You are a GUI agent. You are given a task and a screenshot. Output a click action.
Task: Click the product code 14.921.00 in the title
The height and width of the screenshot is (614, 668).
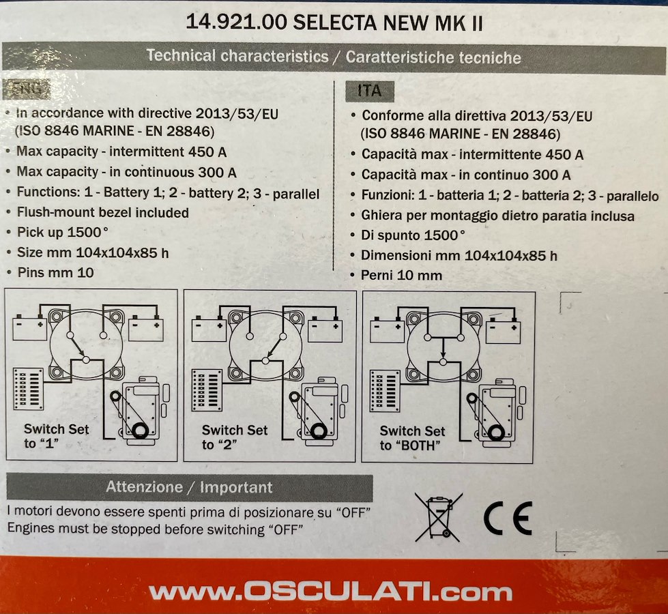pos(237,22)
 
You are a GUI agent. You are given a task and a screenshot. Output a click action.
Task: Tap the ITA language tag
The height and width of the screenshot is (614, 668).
pos(369,91)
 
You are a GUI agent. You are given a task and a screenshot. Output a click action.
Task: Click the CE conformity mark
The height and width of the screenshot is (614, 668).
pos(508,518)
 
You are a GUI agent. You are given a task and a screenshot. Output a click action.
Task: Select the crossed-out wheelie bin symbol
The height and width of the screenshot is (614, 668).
pos(438,517)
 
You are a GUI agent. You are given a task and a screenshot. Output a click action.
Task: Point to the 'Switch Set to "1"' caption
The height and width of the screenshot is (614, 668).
pos(56,436)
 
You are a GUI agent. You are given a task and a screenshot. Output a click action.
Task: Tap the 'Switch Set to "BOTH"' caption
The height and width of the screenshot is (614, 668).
pos(412,438)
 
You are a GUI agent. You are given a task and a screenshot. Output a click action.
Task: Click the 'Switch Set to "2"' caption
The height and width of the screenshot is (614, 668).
pos(234,437)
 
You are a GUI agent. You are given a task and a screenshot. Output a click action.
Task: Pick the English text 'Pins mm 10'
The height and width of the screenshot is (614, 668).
pos(55,272)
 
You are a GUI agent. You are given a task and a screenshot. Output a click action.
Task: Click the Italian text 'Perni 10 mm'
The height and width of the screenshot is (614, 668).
pos(401,275)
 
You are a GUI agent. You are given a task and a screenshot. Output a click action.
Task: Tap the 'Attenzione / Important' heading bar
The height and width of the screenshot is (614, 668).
pos(190,487)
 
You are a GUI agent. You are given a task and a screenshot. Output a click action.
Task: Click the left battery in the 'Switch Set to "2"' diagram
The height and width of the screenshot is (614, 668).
pos(209,329)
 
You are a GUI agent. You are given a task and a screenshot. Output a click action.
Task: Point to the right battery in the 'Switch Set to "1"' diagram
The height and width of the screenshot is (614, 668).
pos(146,328)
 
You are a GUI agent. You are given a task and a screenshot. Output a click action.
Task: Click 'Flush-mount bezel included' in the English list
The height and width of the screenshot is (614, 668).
pos(102,212)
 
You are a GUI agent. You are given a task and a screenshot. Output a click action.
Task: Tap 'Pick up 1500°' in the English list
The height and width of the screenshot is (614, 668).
pos(63,232)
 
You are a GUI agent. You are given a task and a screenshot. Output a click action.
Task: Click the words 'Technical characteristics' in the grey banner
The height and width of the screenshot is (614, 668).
pos(237,56)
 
